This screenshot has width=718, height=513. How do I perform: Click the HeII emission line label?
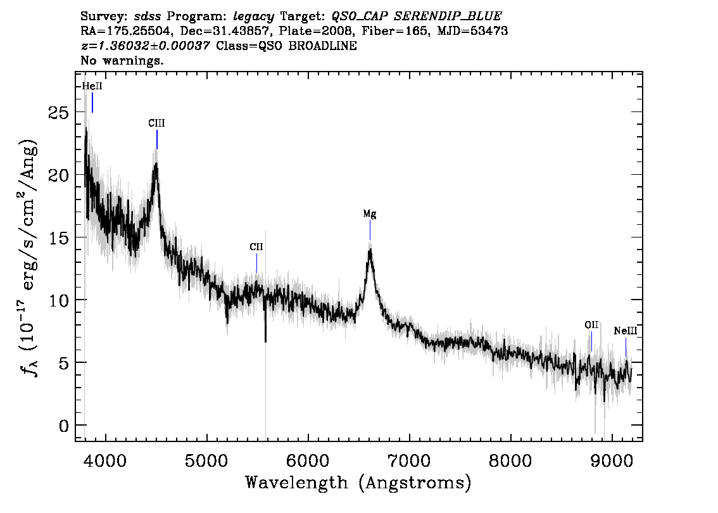[92, 86]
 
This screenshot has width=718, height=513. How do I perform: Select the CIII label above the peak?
[156, 123]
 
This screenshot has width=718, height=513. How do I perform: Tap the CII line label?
[256, 247]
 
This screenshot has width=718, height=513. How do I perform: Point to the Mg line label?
[370, 213]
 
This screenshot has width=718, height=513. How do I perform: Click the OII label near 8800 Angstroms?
[591, 325]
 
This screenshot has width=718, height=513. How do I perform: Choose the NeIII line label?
[626, 331]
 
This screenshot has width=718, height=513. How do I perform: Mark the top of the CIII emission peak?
[156, 163]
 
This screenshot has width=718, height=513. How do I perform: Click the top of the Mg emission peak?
[370, 249]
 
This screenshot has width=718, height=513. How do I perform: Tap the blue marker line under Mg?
[370, 230]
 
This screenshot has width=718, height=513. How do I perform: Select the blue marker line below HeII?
[92, 103]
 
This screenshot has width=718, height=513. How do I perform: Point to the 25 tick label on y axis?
[58, 113]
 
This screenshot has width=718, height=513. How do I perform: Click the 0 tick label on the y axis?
[64, 426]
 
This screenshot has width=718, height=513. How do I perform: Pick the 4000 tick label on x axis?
[106, 460]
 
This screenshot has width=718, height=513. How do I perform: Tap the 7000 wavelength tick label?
[409, 460]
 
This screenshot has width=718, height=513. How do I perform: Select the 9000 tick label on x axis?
[611, 460]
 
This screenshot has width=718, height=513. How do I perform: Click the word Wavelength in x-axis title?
[297, 483]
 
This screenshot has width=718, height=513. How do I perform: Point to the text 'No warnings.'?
[122, 60]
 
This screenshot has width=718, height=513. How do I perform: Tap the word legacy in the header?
[253, 17]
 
